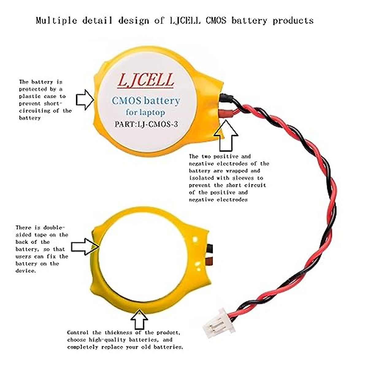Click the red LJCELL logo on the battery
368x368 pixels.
pos(146,80)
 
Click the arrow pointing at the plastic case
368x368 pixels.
pos(85,100)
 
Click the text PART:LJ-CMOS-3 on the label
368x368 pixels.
pos(146,124)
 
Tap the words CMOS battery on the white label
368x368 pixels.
pos(146,101)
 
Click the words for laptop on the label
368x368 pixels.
pos(145,113)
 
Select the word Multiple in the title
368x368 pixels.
pos(56,21)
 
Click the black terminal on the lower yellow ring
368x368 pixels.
pos(210,247)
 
